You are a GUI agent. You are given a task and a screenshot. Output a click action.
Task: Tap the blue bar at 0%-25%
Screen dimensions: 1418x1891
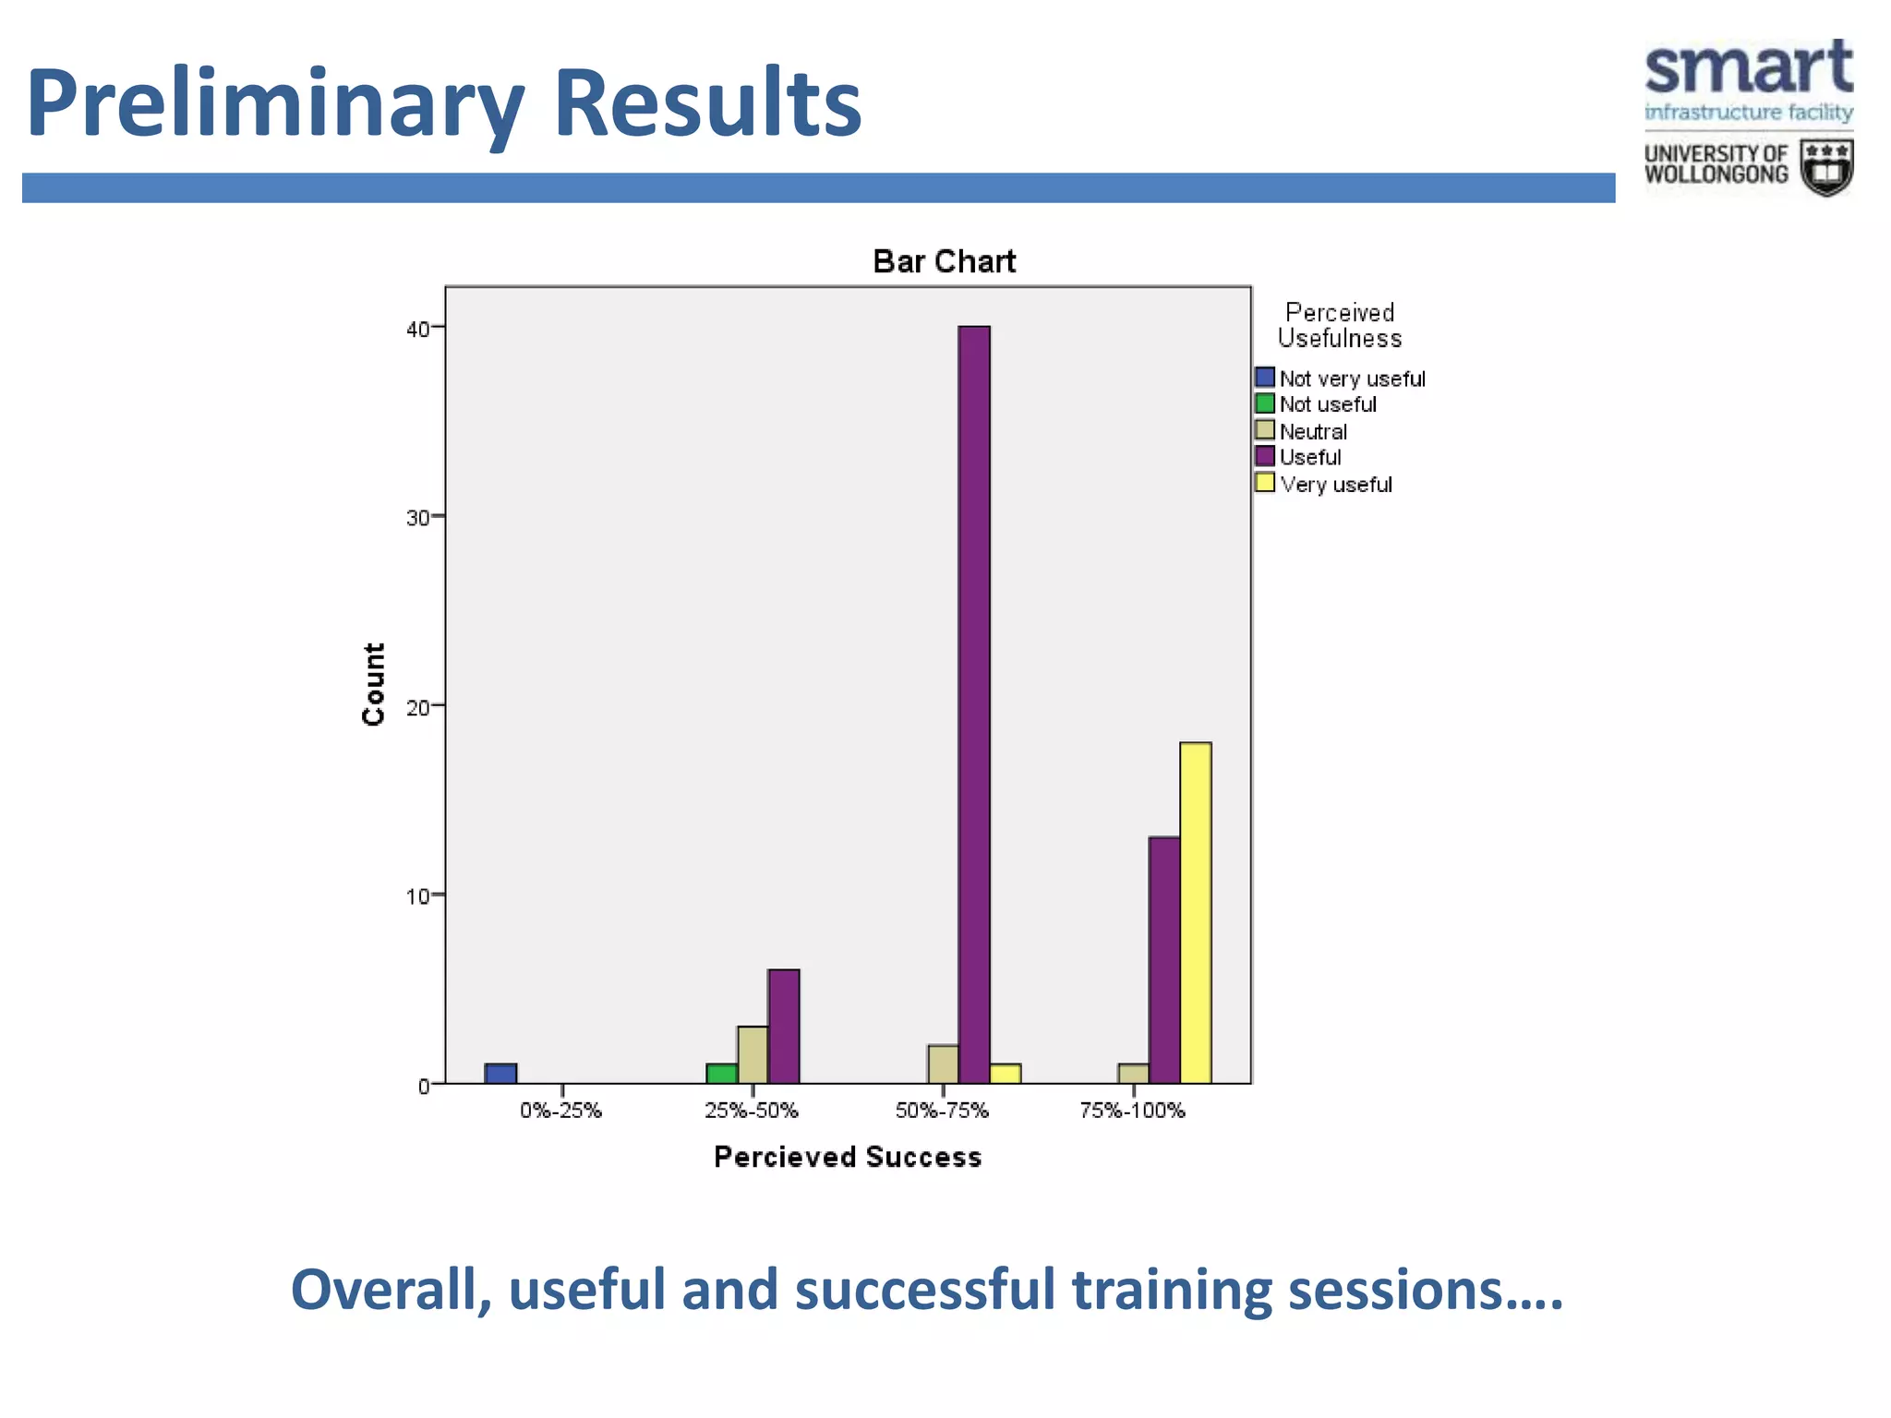pos(500,1073)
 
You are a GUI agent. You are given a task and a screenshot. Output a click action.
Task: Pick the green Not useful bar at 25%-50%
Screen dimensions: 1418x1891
pos(721,1073)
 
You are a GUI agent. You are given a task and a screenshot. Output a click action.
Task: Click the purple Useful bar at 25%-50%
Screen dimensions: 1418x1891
pos(783,1026)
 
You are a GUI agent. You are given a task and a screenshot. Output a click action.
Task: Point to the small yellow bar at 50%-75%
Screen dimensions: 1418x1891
pos(1005,1073)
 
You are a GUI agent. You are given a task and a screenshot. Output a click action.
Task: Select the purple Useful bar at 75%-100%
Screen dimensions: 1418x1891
pos(1163,959)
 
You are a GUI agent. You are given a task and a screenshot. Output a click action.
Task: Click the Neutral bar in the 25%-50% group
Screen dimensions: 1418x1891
pos(753,1054)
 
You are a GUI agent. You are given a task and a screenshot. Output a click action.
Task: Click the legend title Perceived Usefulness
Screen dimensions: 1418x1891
pos(1339,325)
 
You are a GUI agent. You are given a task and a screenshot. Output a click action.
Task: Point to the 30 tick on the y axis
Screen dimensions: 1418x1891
pos(418,518)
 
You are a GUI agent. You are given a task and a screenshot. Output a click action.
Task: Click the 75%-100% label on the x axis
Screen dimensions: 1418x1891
pos(1132,1111)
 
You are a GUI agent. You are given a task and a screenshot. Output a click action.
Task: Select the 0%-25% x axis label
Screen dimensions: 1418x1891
pos(560,1111)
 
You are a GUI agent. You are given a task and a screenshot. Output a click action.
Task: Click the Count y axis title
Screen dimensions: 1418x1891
pos(373,684)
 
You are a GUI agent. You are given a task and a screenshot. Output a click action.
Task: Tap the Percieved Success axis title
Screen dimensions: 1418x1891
pos(847,1157)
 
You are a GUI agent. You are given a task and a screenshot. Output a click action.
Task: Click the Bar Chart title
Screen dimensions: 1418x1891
pos(944,261)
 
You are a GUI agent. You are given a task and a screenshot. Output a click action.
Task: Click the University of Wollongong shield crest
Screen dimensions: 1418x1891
pos(1826,167)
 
